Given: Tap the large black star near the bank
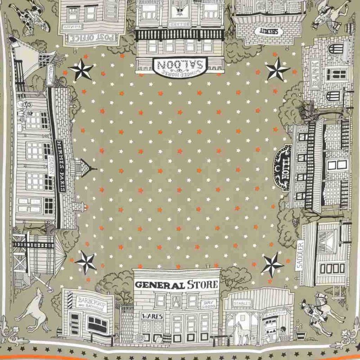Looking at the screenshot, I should pos(277,70).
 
